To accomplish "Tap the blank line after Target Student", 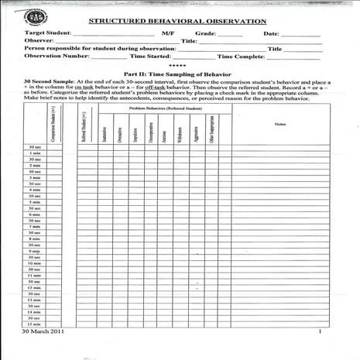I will point(114,35).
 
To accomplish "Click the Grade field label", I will point(205,34).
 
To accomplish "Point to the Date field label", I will point(271,34).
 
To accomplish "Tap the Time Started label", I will point(150,56).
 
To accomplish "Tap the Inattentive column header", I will point(105,131).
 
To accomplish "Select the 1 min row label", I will point(35,154).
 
